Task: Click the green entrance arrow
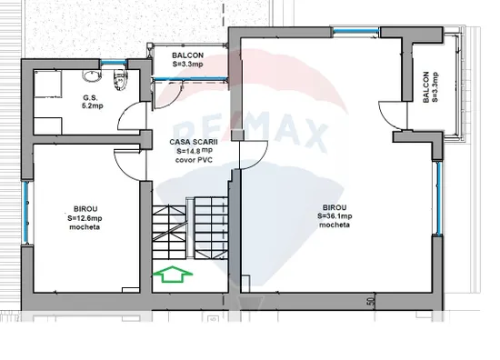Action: [x=173, y=274]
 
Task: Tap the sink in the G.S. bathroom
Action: [x=92, y=75]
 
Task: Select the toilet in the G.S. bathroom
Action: [x=120, y=80]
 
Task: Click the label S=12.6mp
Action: [x=85, y=218]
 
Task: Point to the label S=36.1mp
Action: [x=335, y=216]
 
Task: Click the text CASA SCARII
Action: [x=194, y=142]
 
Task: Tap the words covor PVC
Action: [x=194, y=160]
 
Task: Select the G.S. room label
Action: [x=90, y=98]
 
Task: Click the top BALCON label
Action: [x=188, y=55]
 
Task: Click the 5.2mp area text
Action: [x=93, y=105]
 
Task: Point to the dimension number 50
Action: [x=371, y=301]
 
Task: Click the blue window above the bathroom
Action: [x=114, y=63]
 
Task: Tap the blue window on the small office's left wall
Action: [x=25, y=213]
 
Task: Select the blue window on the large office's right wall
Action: [x=439, y=198]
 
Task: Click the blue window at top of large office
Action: [x=355, y=31]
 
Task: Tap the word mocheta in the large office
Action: [x=335, y=225]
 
